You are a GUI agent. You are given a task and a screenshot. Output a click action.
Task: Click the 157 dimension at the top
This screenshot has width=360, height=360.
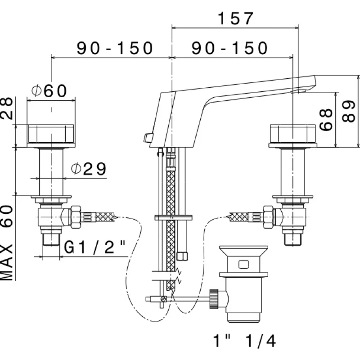click(236, 18)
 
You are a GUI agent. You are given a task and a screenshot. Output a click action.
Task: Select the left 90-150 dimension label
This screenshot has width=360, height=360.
click(115, 48)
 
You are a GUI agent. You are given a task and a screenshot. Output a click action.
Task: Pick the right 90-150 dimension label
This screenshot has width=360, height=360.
click(229, 48)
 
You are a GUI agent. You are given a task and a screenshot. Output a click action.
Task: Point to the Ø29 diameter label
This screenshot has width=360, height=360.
click(89, 169)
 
